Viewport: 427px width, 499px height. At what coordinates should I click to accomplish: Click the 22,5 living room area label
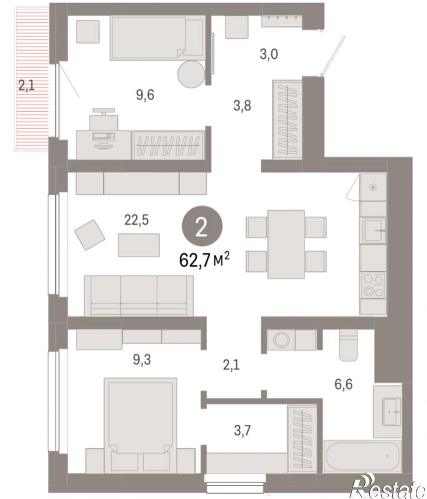coord(136,220)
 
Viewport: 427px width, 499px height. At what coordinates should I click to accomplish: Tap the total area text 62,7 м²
coord(204,260)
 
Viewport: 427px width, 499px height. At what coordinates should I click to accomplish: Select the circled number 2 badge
coord(202,226)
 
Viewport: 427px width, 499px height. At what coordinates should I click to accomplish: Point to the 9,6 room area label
coord(145,95)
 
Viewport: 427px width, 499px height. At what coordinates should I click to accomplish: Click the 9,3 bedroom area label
coord(142,360)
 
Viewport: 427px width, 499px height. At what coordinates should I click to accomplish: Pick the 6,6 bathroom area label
coord(343,384)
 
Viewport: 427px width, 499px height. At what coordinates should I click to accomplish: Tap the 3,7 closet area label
coord(242,431)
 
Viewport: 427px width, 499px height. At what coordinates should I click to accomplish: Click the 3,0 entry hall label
coord(269,54)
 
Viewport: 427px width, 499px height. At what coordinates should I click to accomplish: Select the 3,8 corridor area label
coord(242,105)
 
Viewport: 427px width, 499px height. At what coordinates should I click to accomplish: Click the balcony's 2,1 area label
coord(27,85)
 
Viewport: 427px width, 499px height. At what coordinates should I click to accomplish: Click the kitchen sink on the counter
coord(373,231)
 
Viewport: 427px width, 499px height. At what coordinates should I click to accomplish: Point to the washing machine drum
coord(281,340)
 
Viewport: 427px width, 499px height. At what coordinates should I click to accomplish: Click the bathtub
coord(362,456)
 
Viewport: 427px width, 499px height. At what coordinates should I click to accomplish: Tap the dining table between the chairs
coord(286,244)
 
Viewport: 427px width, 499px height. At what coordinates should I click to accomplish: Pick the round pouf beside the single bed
coord(191,74)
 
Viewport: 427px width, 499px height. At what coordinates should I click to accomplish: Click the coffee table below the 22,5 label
coord(138,245)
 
